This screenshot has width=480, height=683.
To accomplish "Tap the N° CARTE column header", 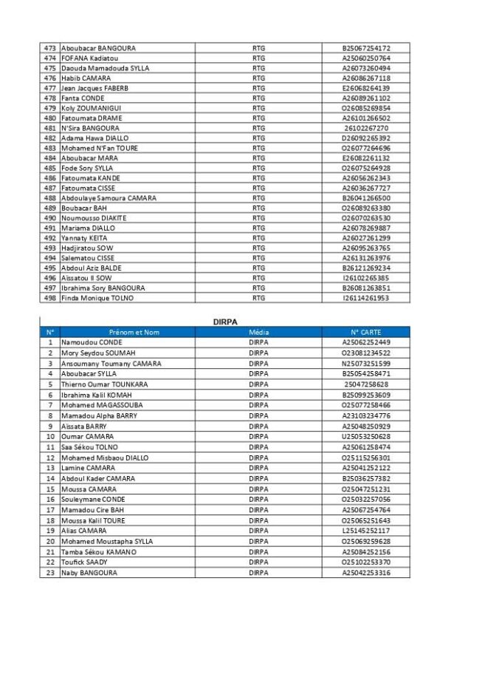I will tap(366, 333).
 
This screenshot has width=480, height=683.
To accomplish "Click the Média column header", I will tap(258, 333).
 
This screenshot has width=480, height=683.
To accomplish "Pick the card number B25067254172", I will tap(366, 48).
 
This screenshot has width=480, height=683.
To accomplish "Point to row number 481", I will tap(50, 128).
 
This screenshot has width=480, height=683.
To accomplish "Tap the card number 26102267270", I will tap(366, 128).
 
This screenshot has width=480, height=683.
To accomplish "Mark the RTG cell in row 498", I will tap(258, 298).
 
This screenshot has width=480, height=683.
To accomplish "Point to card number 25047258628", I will tap(366, 384).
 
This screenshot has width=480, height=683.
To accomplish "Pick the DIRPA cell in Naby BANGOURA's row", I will tap(258, 573).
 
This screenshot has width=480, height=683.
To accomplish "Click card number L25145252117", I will tap(366, 531).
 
